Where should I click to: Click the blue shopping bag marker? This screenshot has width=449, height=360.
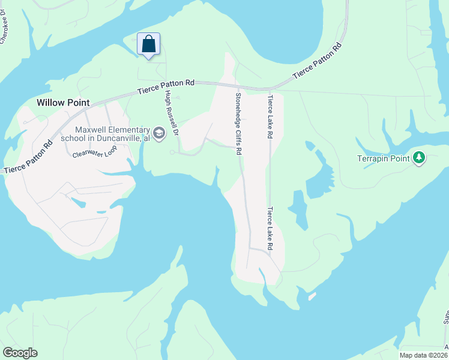pos(149,44)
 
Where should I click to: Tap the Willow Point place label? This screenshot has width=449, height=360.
pos(59,103)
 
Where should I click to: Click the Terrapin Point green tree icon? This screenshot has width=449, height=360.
pos(419,158)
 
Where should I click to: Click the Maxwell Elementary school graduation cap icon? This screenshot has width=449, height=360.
pos(159,133)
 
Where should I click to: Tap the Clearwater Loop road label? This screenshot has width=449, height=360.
pos(94,152)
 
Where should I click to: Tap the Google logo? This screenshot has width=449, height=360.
pos(20,353)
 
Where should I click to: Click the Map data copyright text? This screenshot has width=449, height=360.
pos(423,355)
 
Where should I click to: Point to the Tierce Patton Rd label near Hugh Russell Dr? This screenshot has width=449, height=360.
pos(166,87)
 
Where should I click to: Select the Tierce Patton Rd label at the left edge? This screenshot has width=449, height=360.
pos(25,161)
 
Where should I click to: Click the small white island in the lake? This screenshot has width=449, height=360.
pos(312,296)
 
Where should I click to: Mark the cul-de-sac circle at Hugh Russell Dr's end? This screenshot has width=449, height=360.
pos(172,153)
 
